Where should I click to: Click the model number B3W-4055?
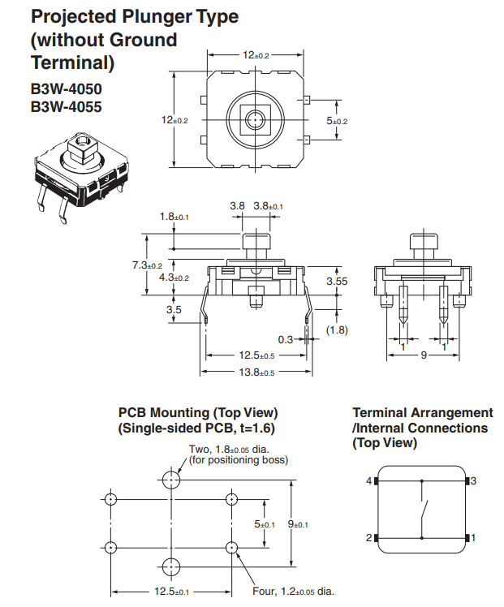[67, 106]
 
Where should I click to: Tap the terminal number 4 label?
[368, 481]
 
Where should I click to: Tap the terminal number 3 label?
[473, 481]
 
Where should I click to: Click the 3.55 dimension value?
[337, 281]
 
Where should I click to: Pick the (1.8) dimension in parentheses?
[337, 329]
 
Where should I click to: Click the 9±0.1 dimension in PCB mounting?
[304, 524]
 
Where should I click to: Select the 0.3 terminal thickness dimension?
[286, 339]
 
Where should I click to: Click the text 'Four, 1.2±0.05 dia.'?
[294, 592]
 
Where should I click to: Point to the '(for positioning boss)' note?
[239, 460]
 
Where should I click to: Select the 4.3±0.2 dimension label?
[174, 278]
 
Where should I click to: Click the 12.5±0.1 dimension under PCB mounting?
[171, 591]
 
